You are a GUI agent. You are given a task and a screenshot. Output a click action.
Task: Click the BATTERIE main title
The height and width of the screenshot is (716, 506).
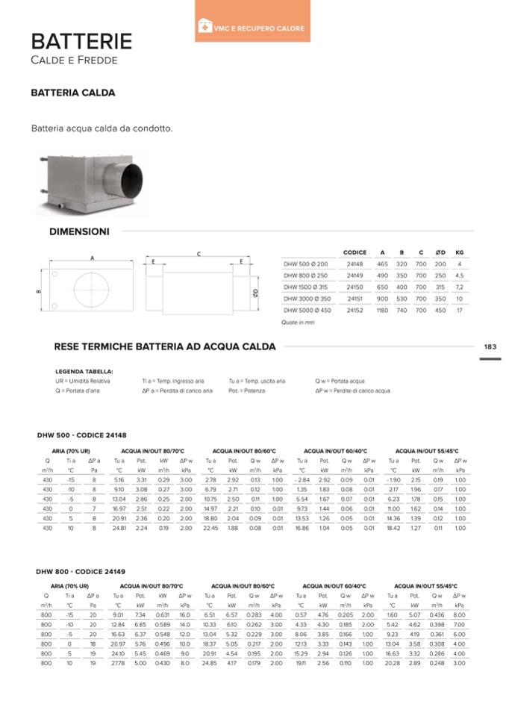point(81,40)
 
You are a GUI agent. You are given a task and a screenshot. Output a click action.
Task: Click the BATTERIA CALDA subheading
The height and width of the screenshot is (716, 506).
point(72,94)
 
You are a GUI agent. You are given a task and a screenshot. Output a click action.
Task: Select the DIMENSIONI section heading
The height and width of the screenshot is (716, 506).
point(79,231)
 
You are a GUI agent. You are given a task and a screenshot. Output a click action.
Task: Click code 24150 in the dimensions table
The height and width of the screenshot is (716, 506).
point(354,287)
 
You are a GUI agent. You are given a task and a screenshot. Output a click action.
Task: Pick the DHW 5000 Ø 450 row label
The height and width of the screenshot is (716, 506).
point(306,310)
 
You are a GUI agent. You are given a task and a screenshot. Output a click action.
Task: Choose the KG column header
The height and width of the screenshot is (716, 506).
point(460,252)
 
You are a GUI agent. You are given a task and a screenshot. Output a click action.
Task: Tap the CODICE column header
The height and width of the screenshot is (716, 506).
point(354,252)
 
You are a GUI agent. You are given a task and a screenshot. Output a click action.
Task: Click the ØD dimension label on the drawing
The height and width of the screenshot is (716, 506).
point(255,293)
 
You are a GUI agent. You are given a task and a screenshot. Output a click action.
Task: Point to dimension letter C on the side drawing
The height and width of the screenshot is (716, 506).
point(199,255)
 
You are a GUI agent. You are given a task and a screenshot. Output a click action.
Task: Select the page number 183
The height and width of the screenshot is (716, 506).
point(490,346)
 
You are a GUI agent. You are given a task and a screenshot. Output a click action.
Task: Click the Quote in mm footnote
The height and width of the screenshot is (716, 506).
point(298,323)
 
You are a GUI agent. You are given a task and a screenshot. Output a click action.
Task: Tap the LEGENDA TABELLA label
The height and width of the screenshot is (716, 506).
point(84,371)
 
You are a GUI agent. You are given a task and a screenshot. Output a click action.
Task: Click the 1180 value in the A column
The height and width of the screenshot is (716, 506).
point(382,310)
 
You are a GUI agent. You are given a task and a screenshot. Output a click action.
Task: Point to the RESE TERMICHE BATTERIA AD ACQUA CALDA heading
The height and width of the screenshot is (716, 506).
point(165,346)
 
